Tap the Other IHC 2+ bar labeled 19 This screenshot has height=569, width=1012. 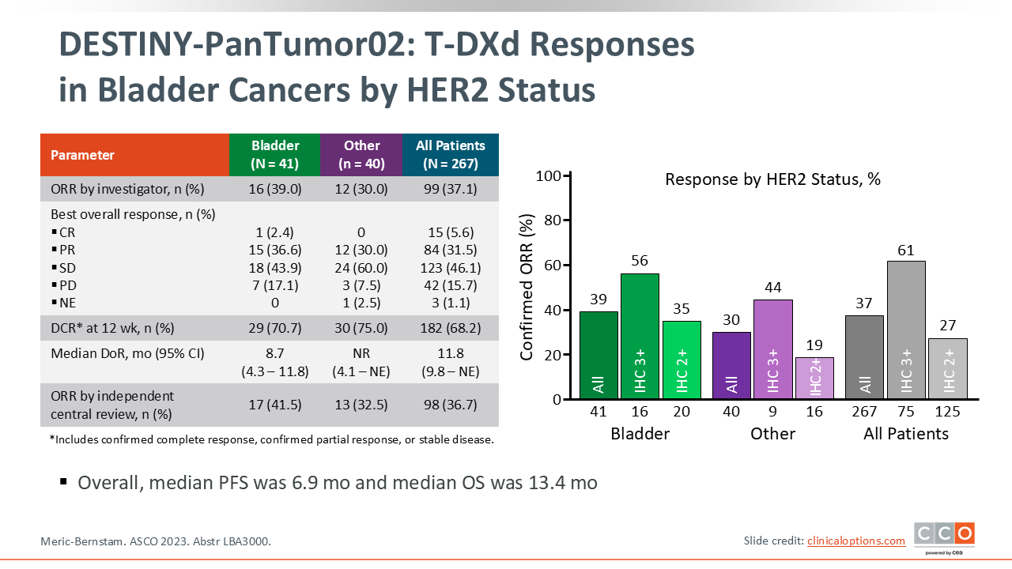point(815,378)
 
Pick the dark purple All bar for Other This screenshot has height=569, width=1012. point(732,365)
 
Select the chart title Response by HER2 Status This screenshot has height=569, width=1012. point(772,179)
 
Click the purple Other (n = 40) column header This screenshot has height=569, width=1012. point(361,155)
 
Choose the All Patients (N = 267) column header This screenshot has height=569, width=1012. point(450,155)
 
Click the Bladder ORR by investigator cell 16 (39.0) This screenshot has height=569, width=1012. point(275,189)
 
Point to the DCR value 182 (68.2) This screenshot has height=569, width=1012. point(450,328)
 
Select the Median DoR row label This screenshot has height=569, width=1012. point(116,353)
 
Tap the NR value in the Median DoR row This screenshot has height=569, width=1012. point(361,353)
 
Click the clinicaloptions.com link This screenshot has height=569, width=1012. point(856,541)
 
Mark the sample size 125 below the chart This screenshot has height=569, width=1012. point(947,412)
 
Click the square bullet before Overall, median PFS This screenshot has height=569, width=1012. point(63,480)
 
